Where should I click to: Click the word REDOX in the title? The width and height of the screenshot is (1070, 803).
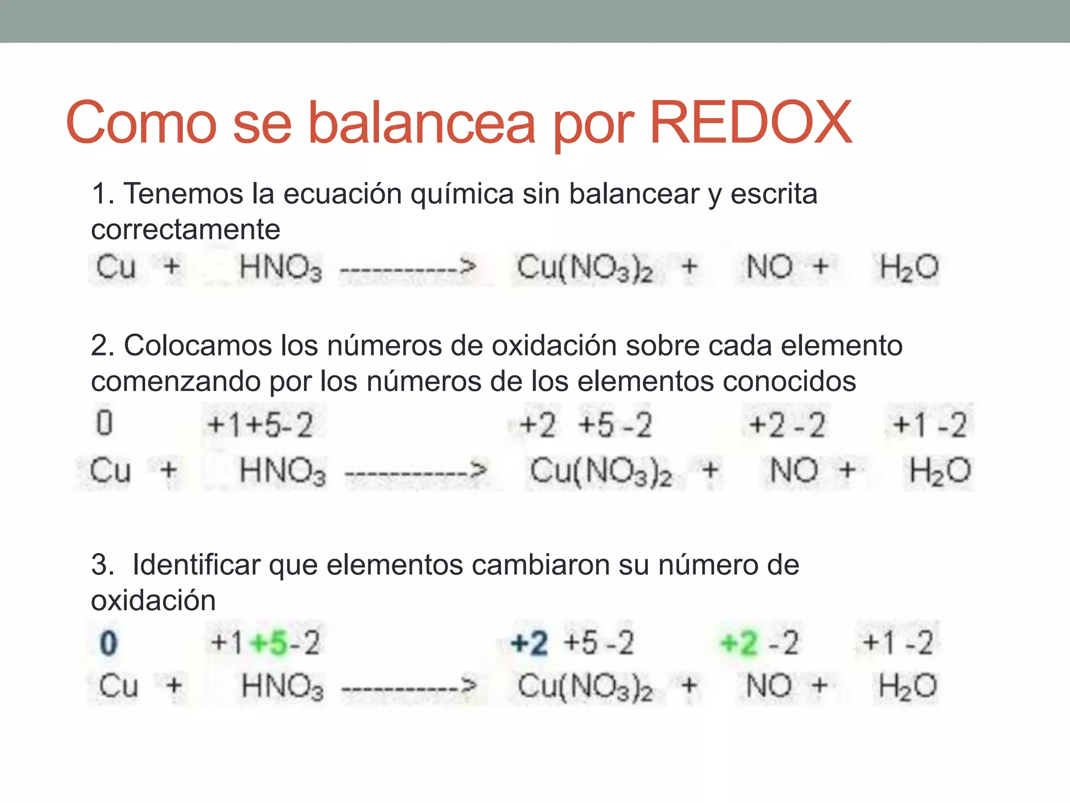click(750, 123)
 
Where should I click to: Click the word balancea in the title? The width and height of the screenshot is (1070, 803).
click(422, 123)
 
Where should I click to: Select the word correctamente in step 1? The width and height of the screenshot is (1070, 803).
click(185, 230)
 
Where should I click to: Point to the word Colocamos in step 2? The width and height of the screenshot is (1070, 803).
click(197, 346)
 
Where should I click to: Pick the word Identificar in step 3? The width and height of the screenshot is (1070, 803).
click(196, 565)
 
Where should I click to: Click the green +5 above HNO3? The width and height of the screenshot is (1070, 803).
click(270, 643)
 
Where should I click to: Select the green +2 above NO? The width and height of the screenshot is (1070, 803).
click(738, 643)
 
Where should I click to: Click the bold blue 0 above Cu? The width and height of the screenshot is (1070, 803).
click(108, 643)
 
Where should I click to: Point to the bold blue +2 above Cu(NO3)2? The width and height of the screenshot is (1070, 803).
click(529, 643)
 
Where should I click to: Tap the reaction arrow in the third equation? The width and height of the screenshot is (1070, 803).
click(409, 686)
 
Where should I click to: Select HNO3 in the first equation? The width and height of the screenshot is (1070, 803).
click(281, 268)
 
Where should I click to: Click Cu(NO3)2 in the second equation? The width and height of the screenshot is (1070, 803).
click(601, 471)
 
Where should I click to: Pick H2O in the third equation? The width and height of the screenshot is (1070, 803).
click(908, 686)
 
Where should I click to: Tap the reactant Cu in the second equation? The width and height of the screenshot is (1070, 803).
click(110, 470)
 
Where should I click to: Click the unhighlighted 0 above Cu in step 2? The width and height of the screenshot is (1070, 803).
click(104, 423)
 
